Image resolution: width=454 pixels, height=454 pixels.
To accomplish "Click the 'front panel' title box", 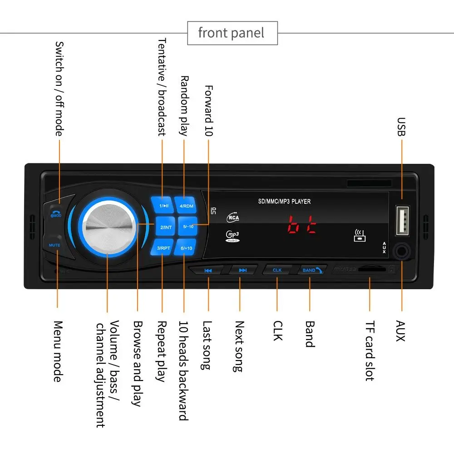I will [x=232, y=33].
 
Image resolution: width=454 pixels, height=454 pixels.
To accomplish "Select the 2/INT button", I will [x=166, y=226].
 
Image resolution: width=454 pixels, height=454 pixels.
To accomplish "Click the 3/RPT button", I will [x=163, y=248].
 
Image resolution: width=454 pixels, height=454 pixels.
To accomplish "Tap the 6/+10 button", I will [x=186, y=248].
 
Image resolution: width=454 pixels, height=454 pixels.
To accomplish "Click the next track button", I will [x=242, y=271].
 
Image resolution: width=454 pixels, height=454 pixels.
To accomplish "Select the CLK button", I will [x=277, y=270].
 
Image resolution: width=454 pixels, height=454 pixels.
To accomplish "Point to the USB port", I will [x=402, y=221].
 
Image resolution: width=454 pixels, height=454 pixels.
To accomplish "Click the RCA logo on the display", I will [x=233, y=217].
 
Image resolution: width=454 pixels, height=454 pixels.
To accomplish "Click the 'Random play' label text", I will [x=184, y=105].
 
